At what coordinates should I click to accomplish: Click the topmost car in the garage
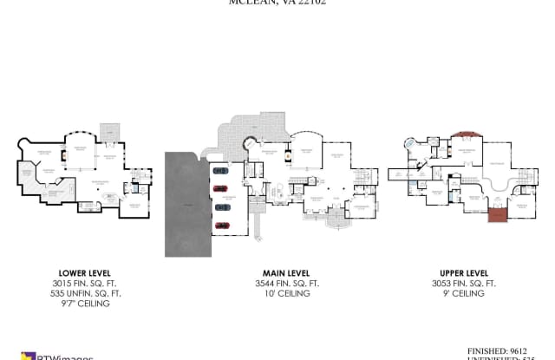tap(220, 172)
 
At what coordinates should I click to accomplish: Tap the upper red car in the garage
tap(220, 190)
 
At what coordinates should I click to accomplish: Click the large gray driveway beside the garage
tap(184, 204)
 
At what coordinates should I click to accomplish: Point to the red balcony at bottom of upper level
tap(498, 213)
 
